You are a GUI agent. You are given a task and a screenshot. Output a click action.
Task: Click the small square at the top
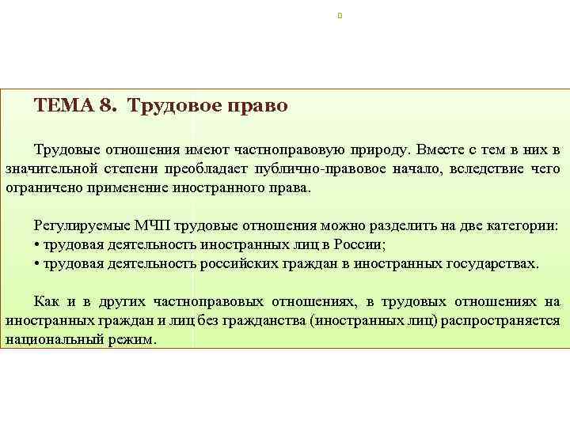(x=339, y=15)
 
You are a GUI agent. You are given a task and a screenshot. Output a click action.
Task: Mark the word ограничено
(x=40, y=188)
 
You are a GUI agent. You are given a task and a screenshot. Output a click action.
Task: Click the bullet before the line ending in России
(x=37, y=244)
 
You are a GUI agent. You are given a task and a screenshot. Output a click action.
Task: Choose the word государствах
(x=488, y=263)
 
